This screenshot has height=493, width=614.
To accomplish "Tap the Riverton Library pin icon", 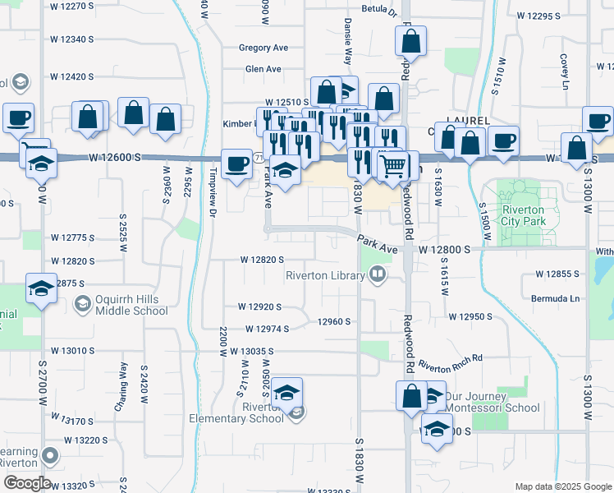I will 378,273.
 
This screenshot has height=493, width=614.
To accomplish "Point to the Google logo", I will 26,483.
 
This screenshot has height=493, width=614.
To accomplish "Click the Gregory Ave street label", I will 263,48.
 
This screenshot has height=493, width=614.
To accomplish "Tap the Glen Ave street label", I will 263,69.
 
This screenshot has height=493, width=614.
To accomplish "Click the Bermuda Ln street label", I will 555,298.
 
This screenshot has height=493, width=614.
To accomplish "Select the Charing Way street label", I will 125,379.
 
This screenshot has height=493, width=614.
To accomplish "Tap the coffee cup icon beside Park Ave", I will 237,163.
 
